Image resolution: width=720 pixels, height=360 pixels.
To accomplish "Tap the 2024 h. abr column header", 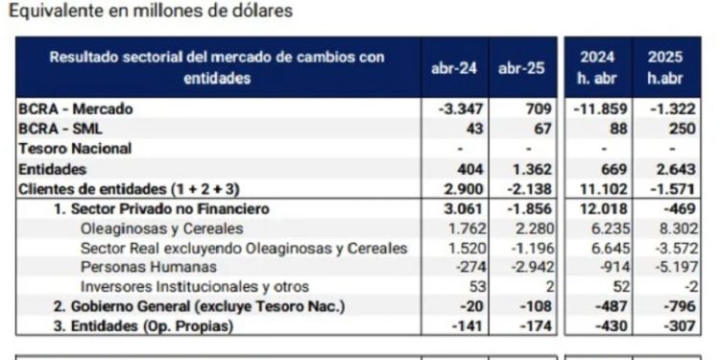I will (596, 68).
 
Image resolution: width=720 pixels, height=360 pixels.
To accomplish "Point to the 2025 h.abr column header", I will (664, 68).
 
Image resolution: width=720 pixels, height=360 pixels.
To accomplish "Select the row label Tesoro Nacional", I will (75, 149).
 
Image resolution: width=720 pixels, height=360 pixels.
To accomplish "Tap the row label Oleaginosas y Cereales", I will (162, 228).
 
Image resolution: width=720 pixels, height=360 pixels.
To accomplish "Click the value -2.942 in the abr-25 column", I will (531, 268).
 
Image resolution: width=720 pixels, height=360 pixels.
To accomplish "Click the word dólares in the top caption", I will (255, 12).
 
